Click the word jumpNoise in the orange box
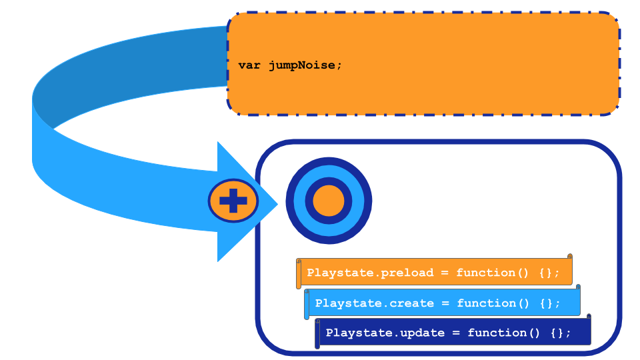(303, 65)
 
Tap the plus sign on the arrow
(233, 200)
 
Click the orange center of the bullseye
(328, 201)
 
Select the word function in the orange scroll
(485, 273)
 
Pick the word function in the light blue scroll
(486, 303)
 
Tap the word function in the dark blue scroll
(497, 333)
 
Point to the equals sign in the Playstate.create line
(445, 303)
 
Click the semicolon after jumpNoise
(339, 65)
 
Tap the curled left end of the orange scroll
(299, 273)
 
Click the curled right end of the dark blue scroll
(589, 318)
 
